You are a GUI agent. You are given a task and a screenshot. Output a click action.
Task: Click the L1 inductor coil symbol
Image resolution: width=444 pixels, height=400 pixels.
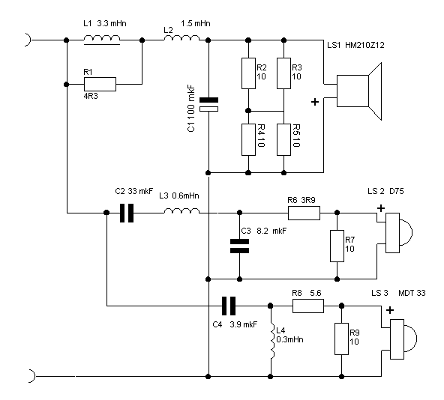click(102, 40)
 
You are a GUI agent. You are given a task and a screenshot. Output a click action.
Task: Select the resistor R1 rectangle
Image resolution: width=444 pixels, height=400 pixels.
click(100, 84)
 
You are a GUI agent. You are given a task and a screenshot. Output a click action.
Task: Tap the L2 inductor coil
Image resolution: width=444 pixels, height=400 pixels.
click(181, 38)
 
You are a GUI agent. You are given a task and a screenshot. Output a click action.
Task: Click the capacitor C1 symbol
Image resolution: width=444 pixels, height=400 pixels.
click(208, 104)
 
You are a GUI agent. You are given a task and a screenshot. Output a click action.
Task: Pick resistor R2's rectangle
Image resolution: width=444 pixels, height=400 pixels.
click(248, 73)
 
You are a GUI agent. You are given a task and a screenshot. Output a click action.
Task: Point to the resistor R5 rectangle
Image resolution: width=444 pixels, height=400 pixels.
click(283, 139)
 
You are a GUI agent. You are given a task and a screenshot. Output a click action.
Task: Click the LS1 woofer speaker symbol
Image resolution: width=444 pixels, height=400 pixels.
click(359, 91)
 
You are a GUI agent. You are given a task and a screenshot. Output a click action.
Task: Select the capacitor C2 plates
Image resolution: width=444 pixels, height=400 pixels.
click(127, 213)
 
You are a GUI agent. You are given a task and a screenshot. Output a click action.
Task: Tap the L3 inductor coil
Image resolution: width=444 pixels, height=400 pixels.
click(181, 210)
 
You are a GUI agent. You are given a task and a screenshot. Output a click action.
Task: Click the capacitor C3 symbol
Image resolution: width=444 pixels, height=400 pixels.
click(239, 246)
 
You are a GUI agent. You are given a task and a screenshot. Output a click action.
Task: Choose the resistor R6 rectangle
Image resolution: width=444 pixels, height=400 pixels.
click(304, 213)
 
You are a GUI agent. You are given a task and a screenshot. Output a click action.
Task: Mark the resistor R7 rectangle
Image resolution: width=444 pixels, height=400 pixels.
click(337, 246)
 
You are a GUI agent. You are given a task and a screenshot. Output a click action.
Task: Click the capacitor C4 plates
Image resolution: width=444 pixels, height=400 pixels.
click(229, 306)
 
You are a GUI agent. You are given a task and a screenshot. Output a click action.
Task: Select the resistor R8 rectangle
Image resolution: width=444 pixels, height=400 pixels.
click(308, 306)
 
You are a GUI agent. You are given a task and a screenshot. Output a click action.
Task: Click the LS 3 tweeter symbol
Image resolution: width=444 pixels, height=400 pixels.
click(403, 339)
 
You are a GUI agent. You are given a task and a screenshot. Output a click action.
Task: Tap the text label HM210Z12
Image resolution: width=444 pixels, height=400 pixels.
click(364, 45)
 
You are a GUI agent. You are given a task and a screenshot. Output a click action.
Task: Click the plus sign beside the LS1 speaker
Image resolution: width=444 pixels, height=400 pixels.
click(315, 102)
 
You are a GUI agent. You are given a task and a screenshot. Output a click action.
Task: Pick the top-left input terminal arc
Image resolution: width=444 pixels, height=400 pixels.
click(28, 40)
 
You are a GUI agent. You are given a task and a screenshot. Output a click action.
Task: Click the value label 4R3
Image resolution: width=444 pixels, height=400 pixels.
click(91, 96)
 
